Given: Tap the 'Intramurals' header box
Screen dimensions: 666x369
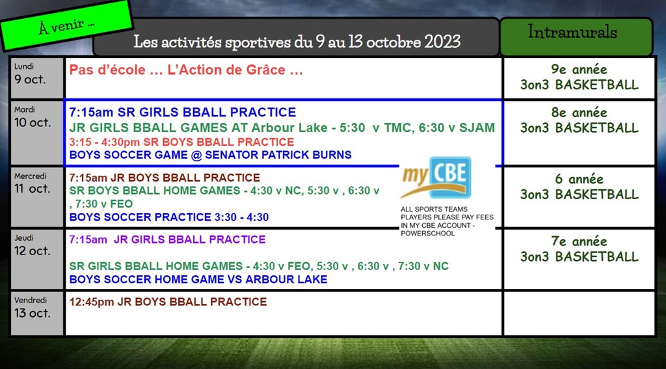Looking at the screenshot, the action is (x=576, y=36).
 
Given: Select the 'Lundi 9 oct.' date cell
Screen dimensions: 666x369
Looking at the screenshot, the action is (x=37, y=78).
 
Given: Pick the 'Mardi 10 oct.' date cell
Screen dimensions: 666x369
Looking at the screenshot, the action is (x=37, y=133).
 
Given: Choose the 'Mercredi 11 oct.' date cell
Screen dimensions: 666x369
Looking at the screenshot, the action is (x=37, y=197).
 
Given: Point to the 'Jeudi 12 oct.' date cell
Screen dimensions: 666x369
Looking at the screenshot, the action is (x=37, y=259).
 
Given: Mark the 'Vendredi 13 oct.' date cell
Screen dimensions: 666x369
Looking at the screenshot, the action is (x=37, y=313).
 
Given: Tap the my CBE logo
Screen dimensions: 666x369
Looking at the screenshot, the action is (x=436, y=177).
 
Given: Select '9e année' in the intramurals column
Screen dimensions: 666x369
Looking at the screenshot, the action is (x=579, y=70).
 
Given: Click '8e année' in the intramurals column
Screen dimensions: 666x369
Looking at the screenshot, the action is (x=579, y=113).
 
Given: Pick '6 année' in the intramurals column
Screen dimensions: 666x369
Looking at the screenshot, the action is (x=579, y=180).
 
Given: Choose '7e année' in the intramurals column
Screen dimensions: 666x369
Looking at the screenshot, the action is (x=579, y=242).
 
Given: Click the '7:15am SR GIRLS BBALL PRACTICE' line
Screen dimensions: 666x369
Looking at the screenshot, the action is (x=183, y=112).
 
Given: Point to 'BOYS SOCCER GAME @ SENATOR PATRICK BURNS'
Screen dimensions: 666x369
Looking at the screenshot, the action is (x=210, y=155).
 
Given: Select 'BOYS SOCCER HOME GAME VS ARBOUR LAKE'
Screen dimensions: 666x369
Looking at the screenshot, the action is (x=198, y=279).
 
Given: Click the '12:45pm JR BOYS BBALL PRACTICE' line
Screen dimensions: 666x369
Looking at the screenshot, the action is (x=168, y=302).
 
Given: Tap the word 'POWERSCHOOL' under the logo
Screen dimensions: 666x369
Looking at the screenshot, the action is (x=428, y=234).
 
